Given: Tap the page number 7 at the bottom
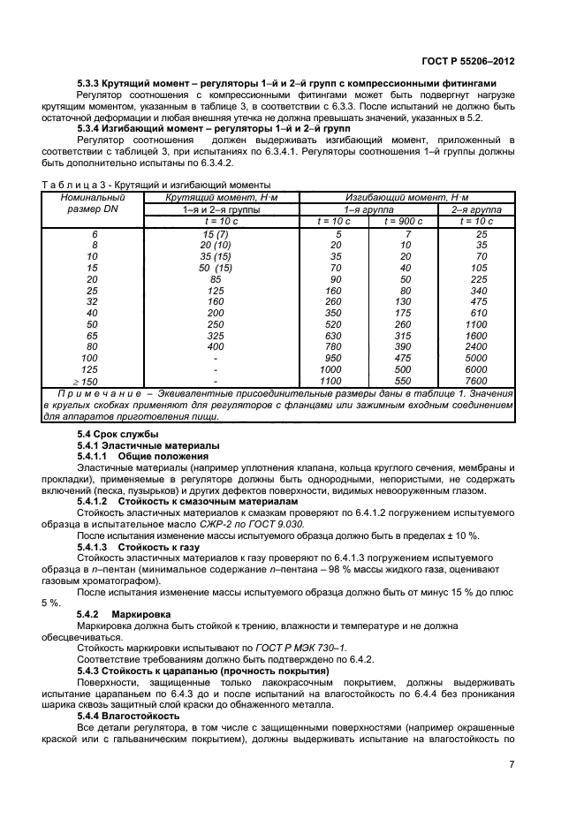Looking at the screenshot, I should (x=512, y=764).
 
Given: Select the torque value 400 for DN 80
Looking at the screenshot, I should (x=216, y=345).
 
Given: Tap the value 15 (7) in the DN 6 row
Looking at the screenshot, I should (x=216, y=233).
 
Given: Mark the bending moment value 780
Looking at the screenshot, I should (x=333, y=345).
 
